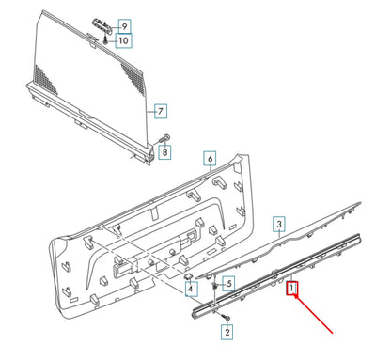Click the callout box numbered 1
pyautogui.click(x=293, y=290)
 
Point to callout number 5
pyautogui.click(x=229, y=281)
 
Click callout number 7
pyautogui.click(x=160, y=112)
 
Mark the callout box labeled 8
pyautogui.click(x=165, y=151)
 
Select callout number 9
pyautogui.click(x=124, y=24)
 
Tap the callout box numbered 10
pyautogui.click(x=124, y=40)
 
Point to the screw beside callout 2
pyautogui.click(x=227, y=321)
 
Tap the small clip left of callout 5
pyautogui.click(x=215, y=282)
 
